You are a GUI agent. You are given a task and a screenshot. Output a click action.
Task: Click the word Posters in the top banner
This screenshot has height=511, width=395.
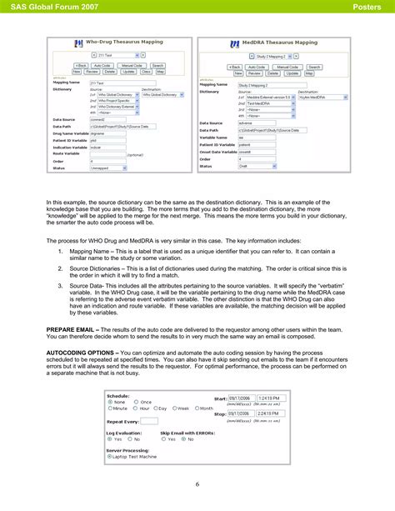pos(367,8)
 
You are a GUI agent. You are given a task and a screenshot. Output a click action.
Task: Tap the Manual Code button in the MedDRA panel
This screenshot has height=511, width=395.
pos(288,67)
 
